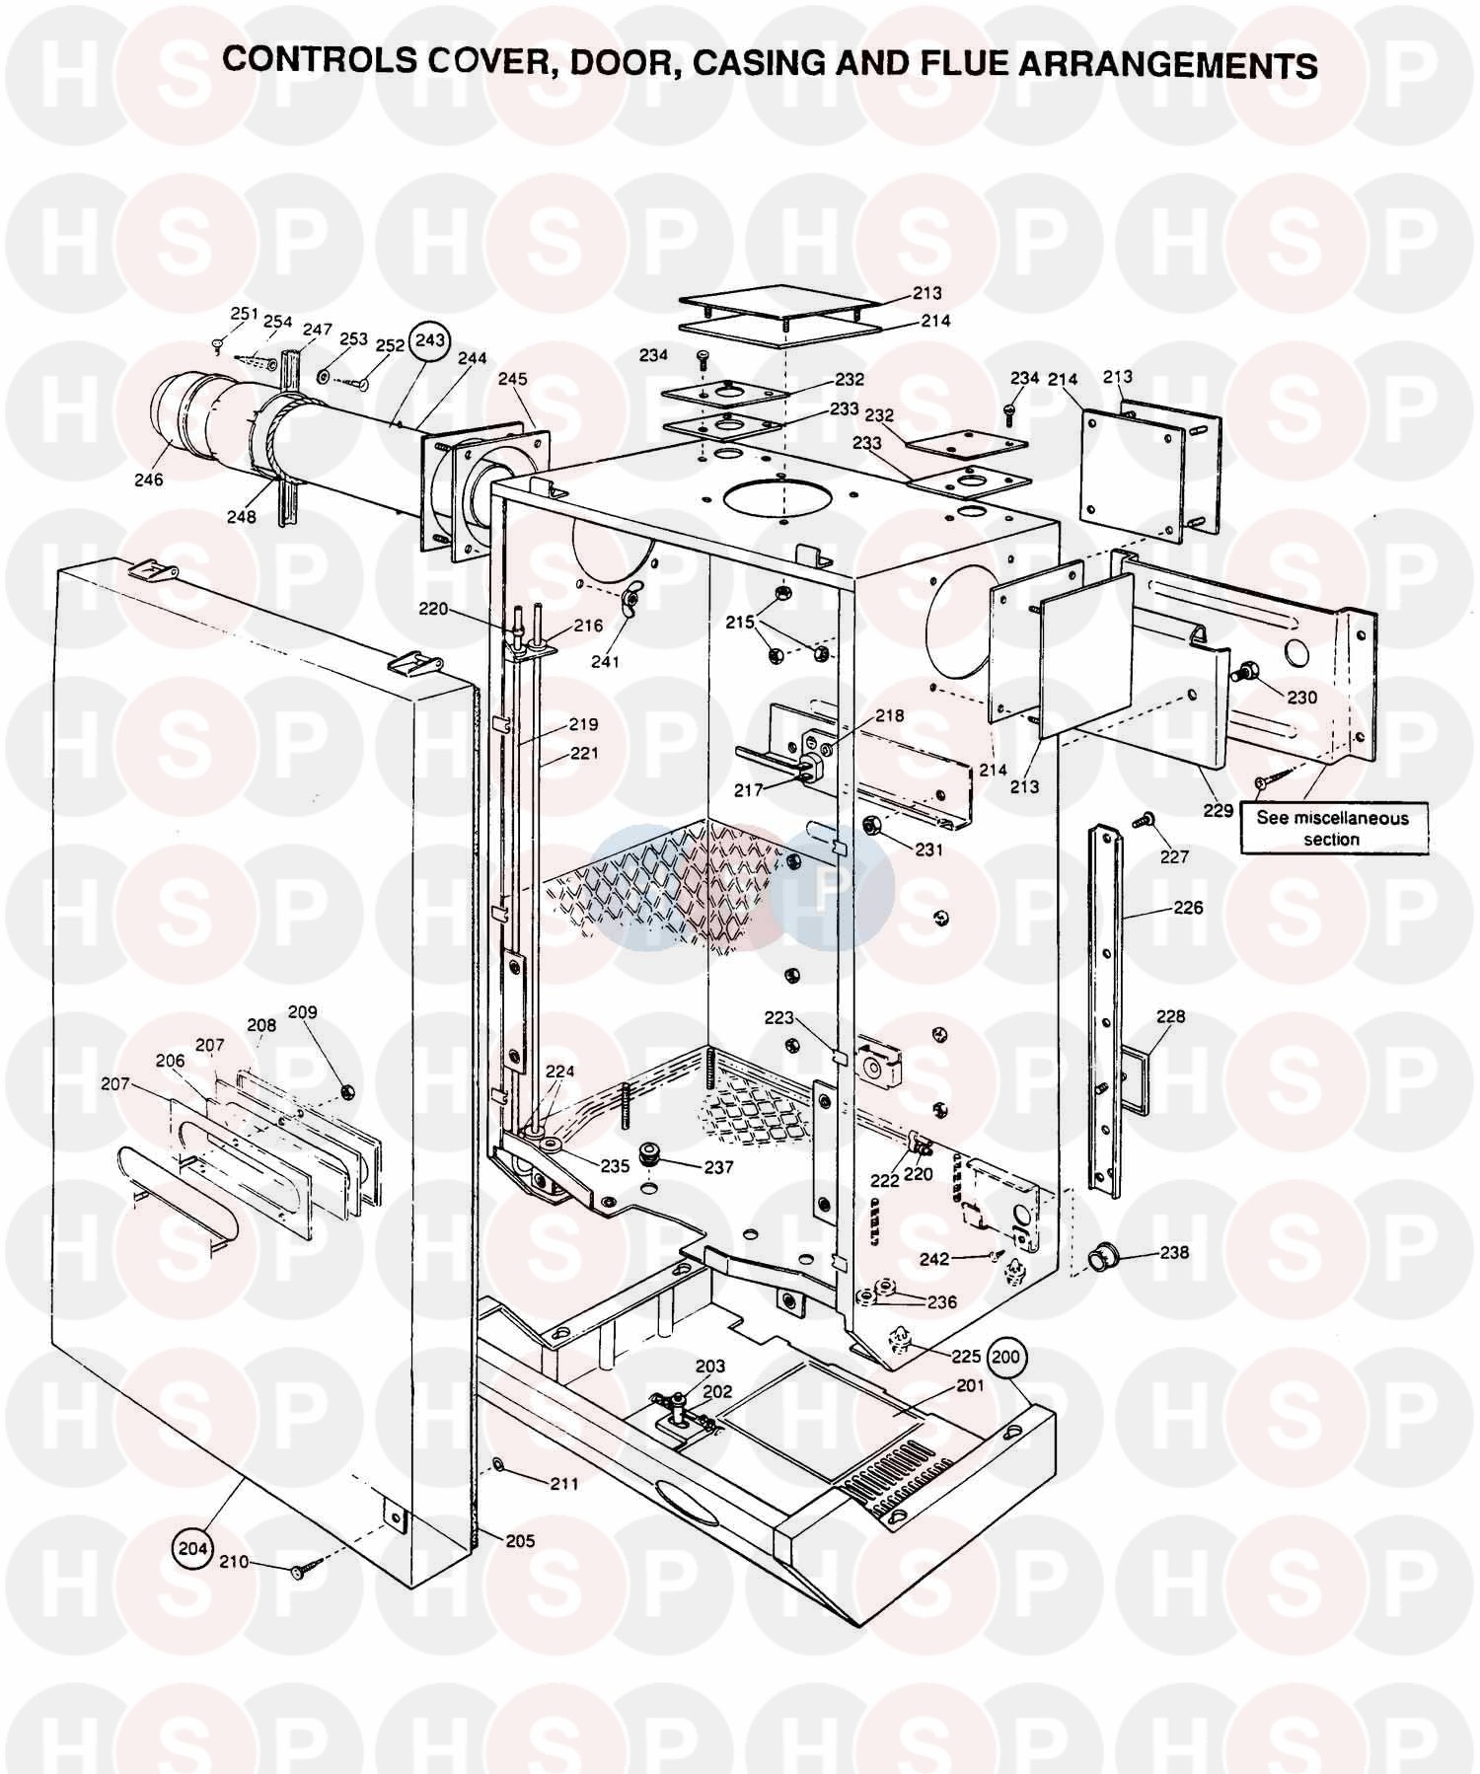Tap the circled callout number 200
1006,1358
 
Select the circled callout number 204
192,1548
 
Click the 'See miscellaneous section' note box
1332,829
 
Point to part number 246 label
149,480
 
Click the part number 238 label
1174,1253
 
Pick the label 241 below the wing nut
605,661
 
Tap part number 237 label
718,1167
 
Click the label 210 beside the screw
235,1563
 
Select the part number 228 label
1170,1016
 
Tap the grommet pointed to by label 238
1099,1258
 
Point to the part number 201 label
970,1386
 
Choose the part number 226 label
1189,908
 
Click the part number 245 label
513,379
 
